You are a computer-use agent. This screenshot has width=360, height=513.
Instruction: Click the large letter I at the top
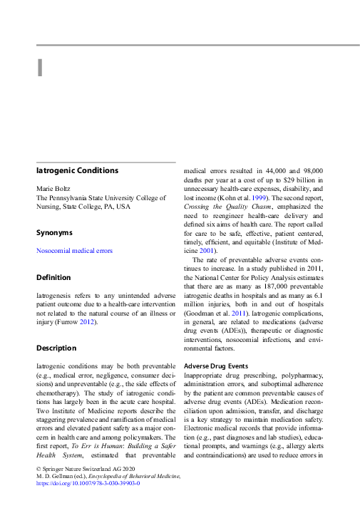coord(41,67)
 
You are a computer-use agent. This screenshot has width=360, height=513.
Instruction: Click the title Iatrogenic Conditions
coord(77,171)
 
